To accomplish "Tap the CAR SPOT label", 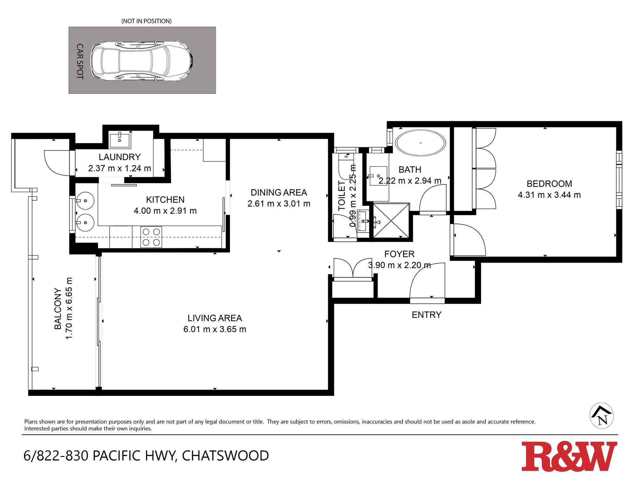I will [x=80, y=61].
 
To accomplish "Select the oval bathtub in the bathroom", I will [x=420, y=143].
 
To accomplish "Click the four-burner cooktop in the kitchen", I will [x=151, y=237].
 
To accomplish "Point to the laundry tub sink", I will [x=120, y=140].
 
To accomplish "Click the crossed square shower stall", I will [x=391, y=220].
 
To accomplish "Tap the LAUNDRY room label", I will [x=120, y=157].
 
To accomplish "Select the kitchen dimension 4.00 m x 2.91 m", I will [x=165, y=211].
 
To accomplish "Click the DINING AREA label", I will [x=279, y=192].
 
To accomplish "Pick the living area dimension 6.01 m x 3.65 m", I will [x=215, y=329].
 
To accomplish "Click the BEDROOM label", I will [x=549, y=184].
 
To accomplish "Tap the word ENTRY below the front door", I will [x=426, y=315].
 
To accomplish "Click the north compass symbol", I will [x=601, y=416].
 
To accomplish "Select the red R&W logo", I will [x=569, y=456].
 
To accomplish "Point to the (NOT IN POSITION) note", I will [x=146, y=21].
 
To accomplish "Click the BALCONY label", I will [x=58, y=308].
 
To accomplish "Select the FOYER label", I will [x=399, y=254].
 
